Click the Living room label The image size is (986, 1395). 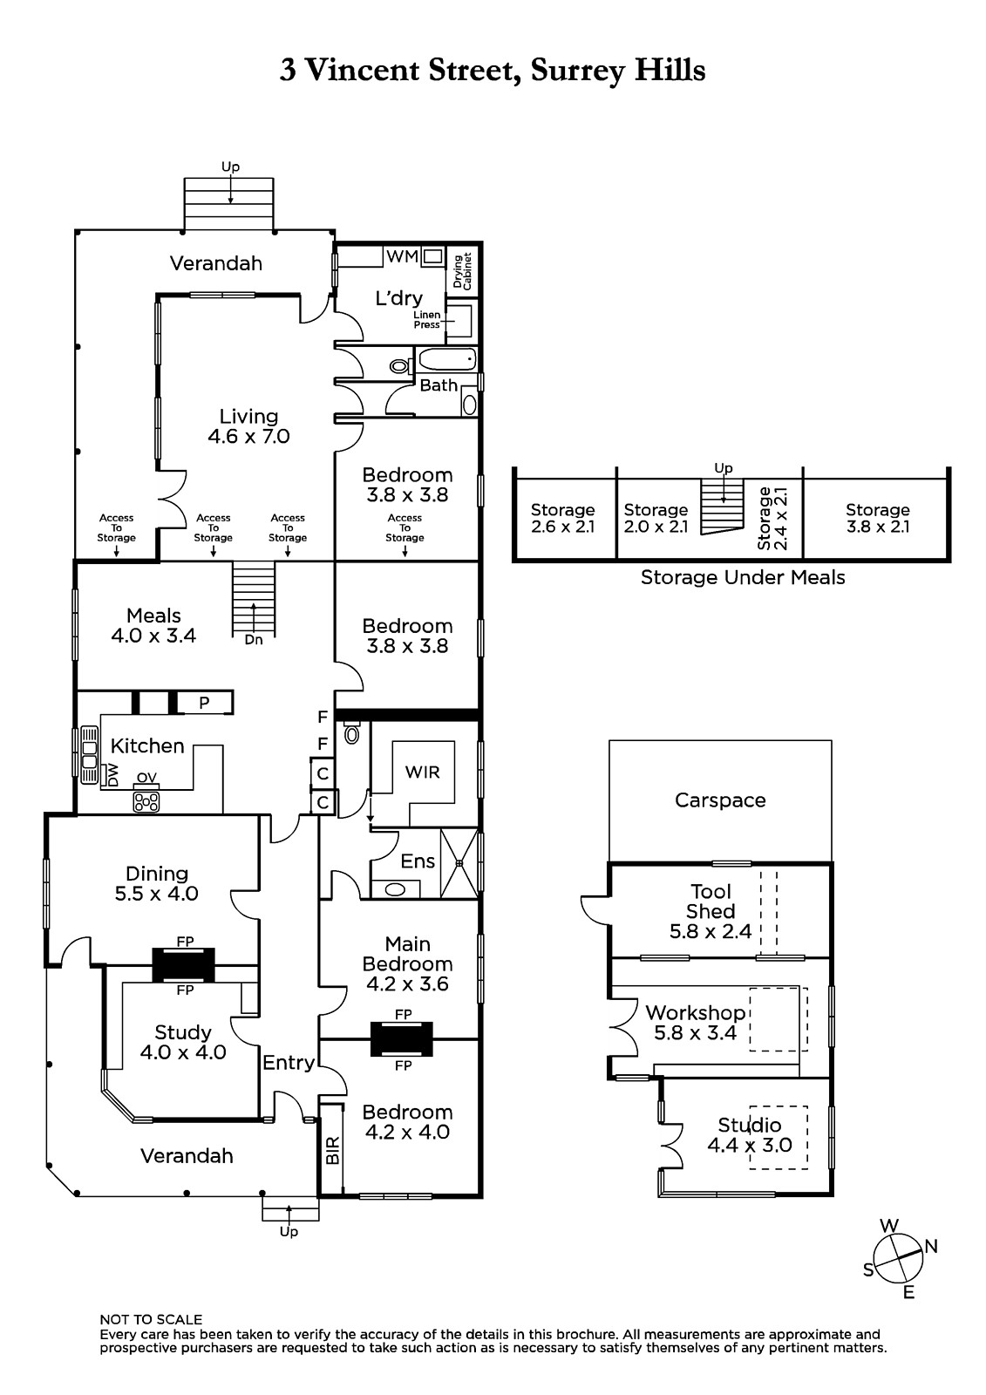248,417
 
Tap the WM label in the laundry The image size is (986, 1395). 401,256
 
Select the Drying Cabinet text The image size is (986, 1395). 462,271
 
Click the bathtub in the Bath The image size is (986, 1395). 446,358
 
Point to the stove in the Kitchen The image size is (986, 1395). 146,800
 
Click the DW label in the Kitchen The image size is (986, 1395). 112,775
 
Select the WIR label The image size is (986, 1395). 423,772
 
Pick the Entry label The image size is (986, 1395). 289,1062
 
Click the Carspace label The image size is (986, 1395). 720,800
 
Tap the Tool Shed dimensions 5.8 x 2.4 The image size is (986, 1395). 711,931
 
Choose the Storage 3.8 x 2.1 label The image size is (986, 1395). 877,526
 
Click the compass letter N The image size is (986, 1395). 931,1246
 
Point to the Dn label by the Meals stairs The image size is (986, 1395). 254,639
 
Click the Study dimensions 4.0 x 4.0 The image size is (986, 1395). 183,1052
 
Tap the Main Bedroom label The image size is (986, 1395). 407,954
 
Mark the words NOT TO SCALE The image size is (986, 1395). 151,1319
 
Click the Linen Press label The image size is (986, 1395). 427,319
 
